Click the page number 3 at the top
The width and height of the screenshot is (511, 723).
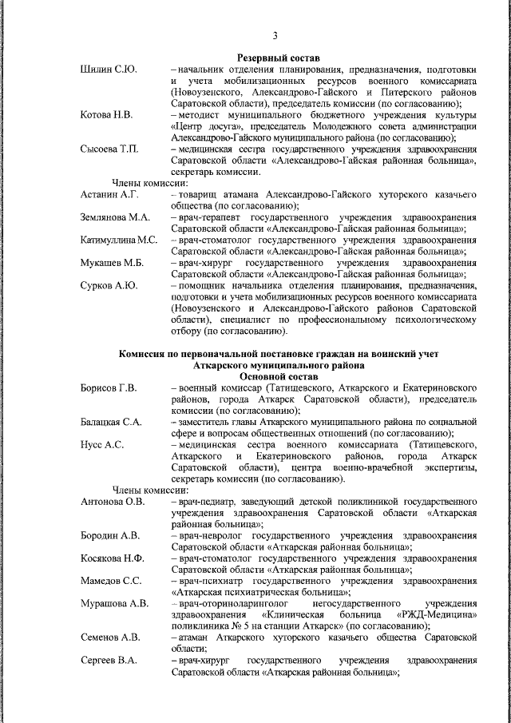275,35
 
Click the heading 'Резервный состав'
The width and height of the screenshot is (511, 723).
279,58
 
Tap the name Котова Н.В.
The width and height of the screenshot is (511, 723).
109,115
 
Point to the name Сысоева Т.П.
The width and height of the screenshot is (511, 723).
110,149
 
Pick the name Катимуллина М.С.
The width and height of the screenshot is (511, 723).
119,240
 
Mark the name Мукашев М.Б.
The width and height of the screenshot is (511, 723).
112,262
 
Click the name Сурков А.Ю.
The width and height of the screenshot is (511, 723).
109,285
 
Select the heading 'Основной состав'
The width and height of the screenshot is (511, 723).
279,375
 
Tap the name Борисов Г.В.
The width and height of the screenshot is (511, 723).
109,387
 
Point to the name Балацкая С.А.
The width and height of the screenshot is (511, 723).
112,421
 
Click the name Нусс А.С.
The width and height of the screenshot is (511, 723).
102,444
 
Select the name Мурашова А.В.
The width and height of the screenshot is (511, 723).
114,603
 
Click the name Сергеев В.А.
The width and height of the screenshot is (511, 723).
109,660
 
